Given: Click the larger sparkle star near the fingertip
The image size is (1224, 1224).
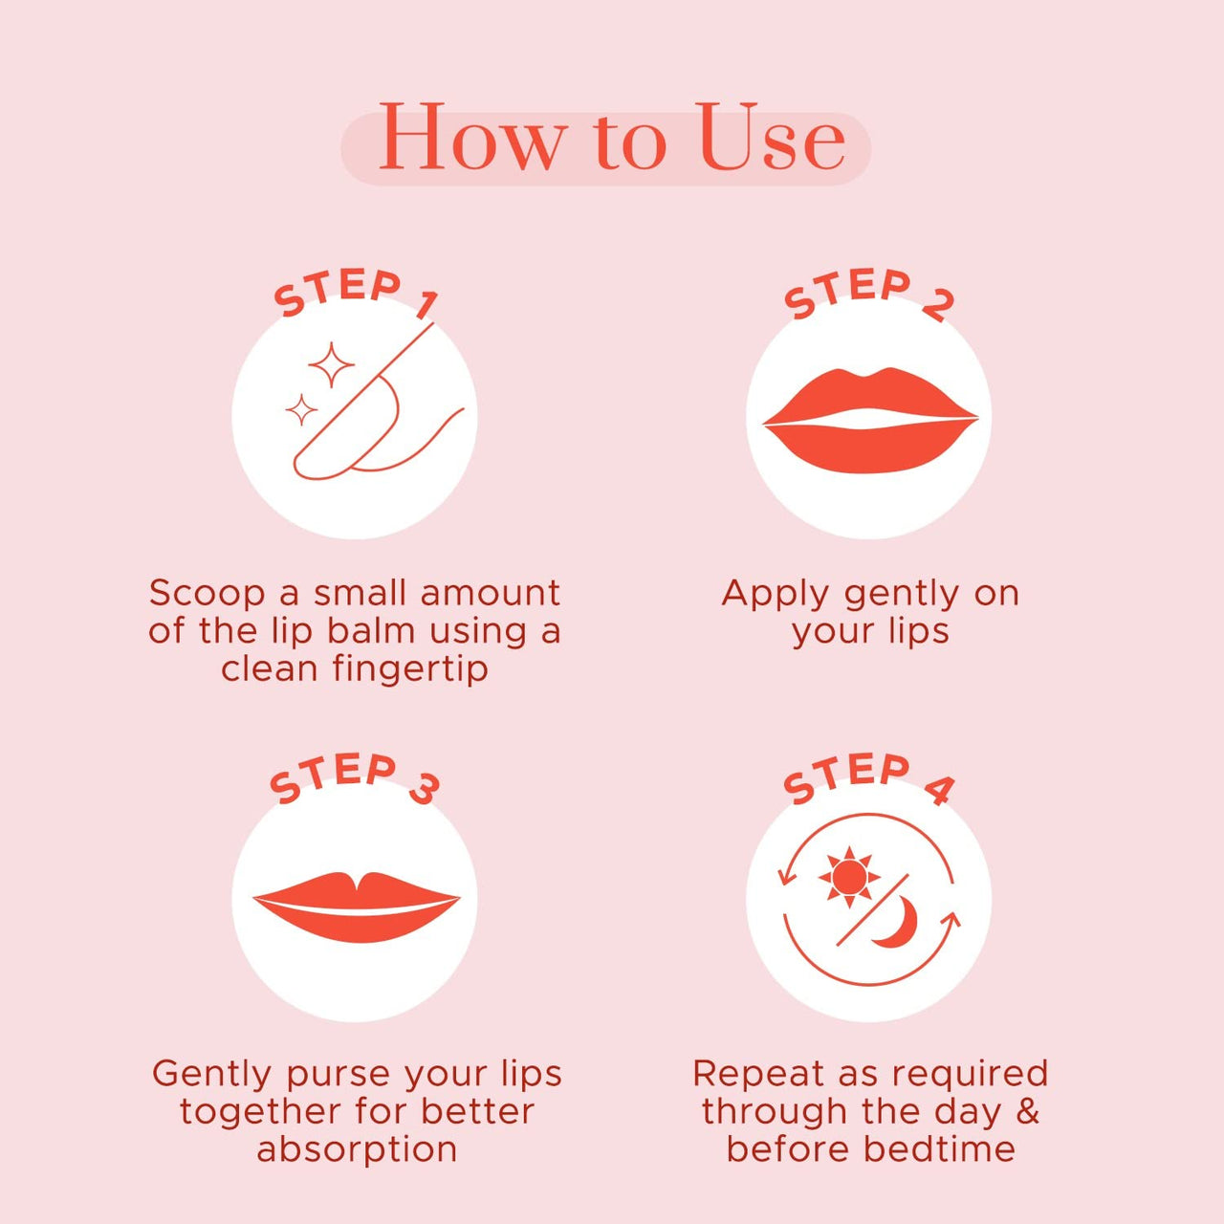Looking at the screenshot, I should [x=331, y=365].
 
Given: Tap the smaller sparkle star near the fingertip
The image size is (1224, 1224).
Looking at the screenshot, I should [x=301, y=410].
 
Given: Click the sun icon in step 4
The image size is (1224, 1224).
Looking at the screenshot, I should [x=848, y=876].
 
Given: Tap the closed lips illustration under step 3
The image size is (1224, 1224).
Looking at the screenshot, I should [x=356, y=905].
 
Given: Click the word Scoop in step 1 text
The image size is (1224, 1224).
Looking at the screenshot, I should [x=207, y=594].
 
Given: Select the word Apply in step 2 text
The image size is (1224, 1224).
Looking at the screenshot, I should [x=776, y=595].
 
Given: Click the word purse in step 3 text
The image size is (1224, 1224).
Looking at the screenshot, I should [x=339, y=1075].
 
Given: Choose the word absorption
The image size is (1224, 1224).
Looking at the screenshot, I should [x=357, y=1149].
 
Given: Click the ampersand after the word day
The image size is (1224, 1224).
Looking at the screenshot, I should [x=1027, y=1111].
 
